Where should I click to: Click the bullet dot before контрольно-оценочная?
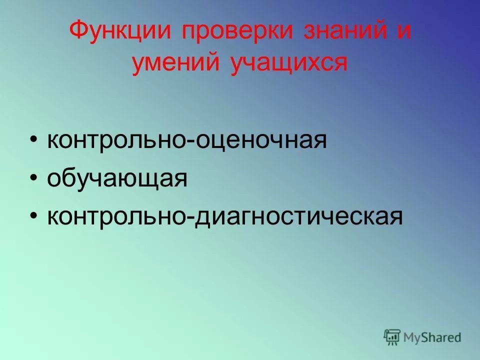[x=33, y=140]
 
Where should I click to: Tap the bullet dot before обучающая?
[x=33, y=178]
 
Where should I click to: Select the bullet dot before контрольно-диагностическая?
[x=33, y=216]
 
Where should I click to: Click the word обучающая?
[x=117, y=179]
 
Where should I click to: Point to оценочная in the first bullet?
[x=260, y=140]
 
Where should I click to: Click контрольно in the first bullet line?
[x=116, y=140]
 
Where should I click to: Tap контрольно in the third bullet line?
[x=116, y=216]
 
